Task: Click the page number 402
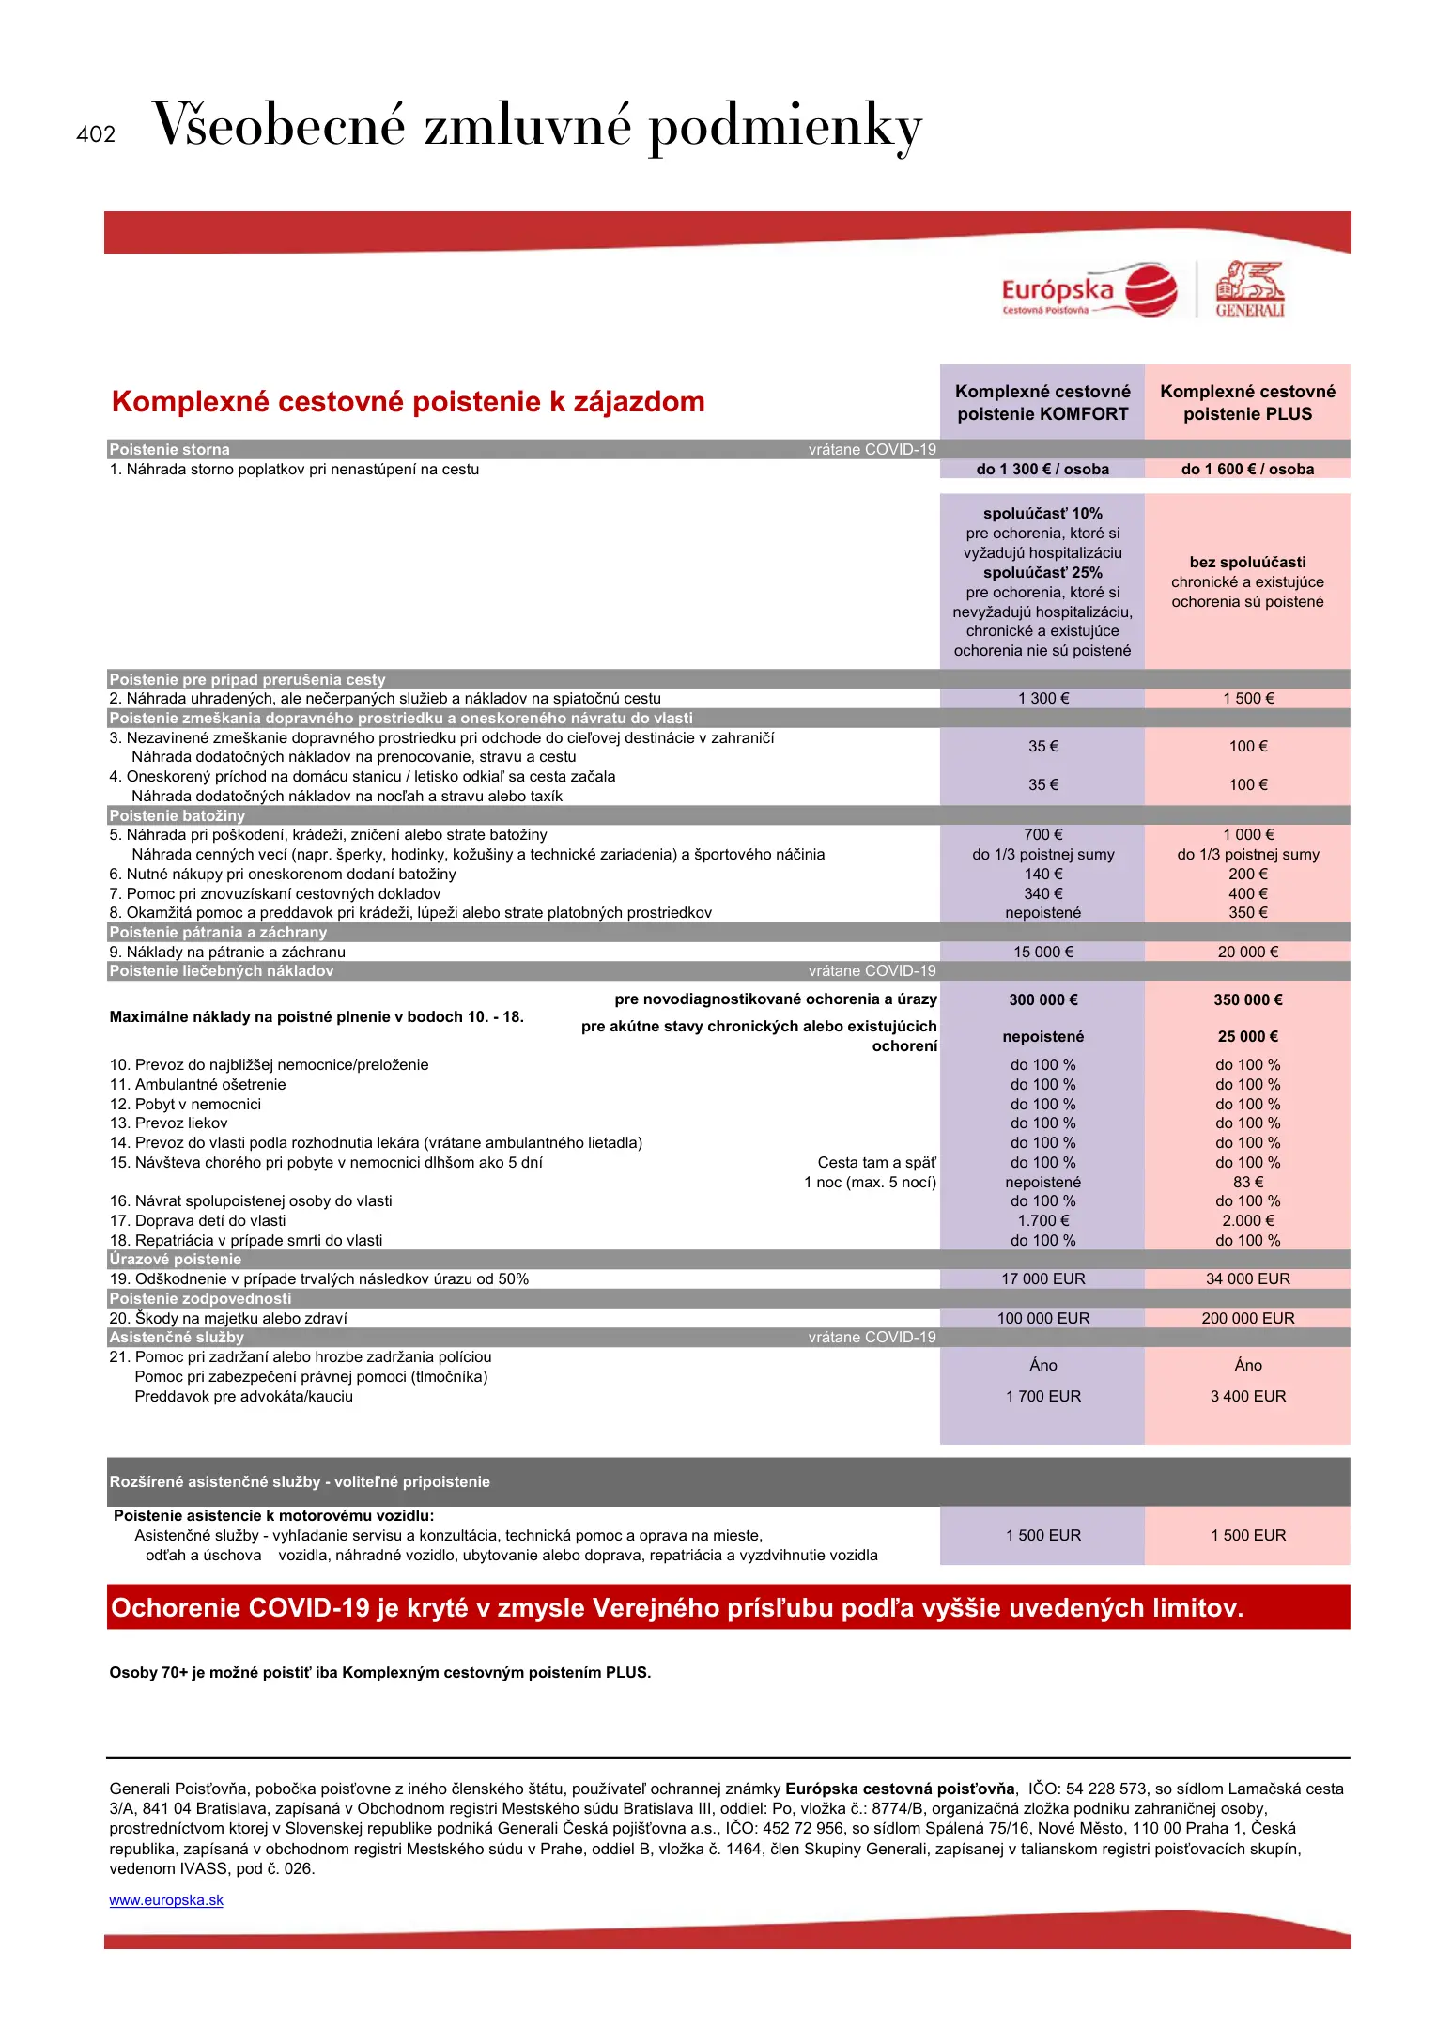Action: pyautogui.click(x=96, y=134)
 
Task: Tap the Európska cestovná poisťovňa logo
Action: pyautogui.click(x=1089, y=291)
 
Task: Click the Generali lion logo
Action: pyautogui.click(x=1249, y=289)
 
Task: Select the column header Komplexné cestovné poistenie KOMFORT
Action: pyautogui.click(x=1042, y=403)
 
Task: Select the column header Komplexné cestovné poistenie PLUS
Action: pyautogui.click(x=1247, y=403)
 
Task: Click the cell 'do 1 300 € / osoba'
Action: pyautogui.click(x=1042, y=470)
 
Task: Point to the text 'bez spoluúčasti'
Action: pyautogui.click(x=1247, y=563)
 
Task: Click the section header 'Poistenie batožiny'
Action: pyautogui.click(x=177, y=815)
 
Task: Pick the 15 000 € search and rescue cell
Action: pyautogui.click(x=1042, y=952)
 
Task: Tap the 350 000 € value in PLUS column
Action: pyautogui.click(x=1247, y=999)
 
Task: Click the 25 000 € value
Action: pyautogui.click(x=1247, y=1037)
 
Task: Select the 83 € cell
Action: pyautogui.click(x=1247, y=1182)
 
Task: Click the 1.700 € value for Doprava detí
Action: pyautogui.click(x=1042, y=1220)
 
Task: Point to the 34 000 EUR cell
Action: pyautogui.click(x=1247, y=1278)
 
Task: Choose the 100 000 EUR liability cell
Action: pyautogui.click(x=1042, y=1318)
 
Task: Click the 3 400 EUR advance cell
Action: pyautogui.click(x=1247, y=1396)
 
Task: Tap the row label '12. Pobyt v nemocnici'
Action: pyautogui.click(x=185, y=1104)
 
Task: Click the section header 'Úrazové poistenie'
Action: pyautogui.click(x=176, y=1259)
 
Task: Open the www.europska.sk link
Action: pyautogui.click(x=166, y=1900)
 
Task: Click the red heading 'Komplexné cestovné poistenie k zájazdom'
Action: pyautogui.click(x=408, y=402)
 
